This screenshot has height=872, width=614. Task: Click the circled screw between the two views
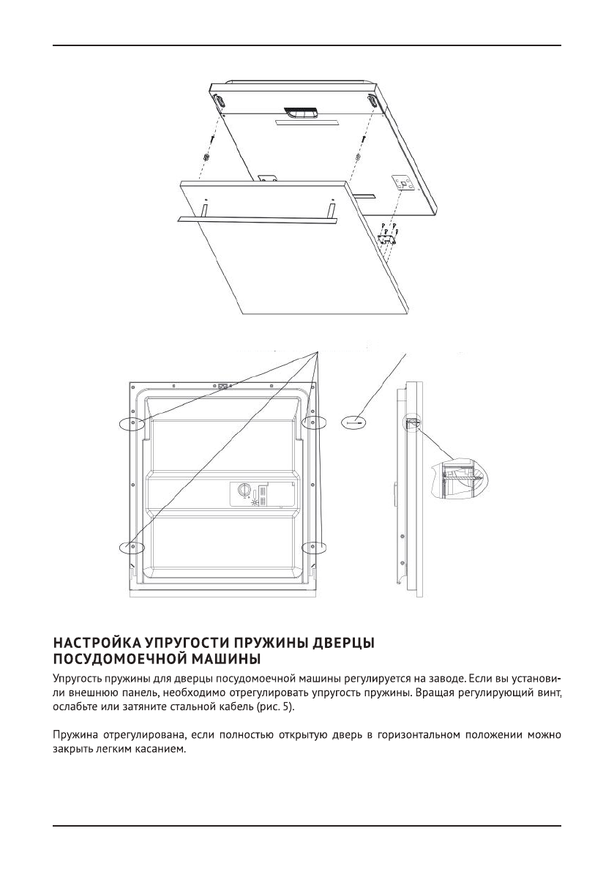coord(355,422)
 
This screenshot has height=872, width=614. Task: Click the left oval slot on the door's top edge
coord(218,100)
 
